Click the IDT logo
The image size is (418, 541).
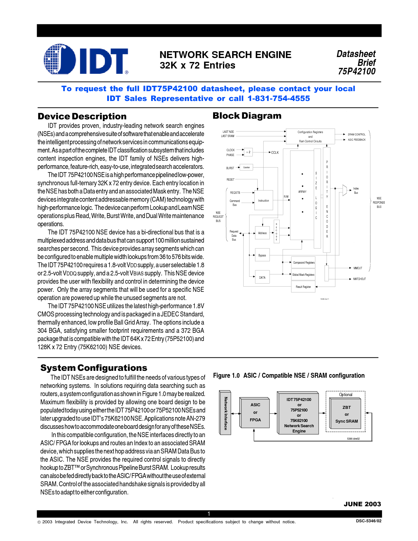pos(86,59)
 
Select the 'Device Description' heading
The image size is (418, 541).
pos(82,116)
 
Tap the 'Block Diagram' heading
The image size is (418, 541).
pos(247,116)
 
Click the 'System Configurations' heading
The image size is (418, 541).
pos(94,368)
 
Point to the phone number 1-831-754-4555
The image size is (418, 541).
pos(279,98)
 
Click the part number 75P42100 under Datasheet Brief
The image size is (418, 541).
pos(357,71)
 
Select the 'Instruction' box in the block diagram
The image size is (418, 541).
pos(264,201)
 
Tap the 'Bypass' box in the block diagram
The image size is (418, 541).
pos(262,255)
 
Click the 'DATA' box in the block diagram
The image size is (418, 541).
pos(262,278)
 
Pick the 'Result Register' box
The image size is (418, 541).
pos(303,287)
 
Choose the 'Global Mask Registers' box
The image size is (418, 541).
pos(303,275)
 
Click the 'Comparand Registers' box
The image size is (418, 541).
pos(304,263)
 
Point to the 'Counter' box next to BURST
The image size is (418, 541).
pos(247,168)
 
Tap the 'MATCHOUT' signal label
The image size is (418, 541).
pos(359,279)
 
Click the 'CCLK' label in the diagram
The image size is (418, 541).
pos(275,152)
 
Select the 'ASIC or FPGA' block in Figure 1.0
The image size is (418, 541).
pos(255,412)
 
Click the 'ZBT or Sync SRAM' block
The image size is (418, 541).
pos(347,414)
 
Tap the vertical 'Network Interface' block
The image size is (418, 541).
pos(226,413)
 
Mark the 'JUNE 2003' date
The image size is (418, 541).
pos(362,504)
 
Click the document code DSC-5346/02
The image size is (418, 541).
pos(368,521)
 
